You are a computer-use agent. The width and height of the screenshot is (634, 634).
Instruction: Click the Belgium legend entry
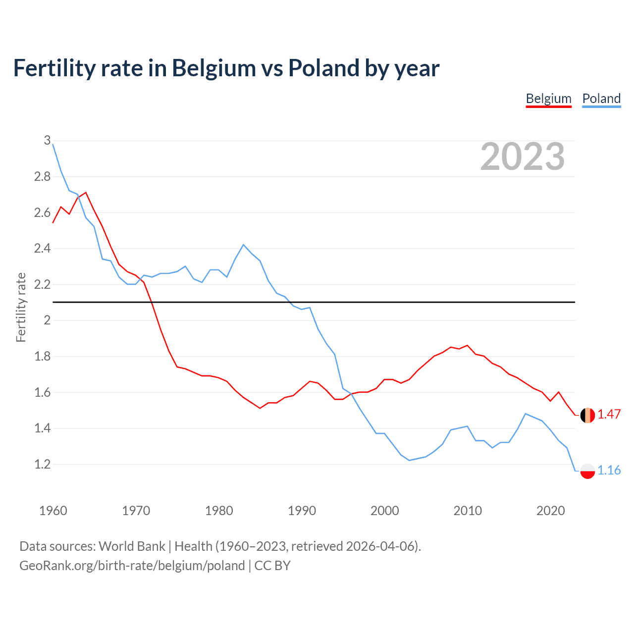(x=548, y=99)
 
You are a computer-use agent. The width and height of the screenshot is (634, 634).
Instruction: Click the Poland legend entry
(x=601, y=99)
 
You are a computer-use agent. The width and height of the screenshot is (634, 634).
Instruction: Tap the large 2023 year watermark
(x=522, y=157)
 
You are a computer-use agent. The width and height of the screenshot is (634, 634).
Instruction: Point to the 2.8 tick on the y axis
(x=42, y=177)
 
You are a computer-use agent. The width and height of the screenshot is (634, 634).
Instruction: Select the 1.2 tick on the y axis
(x=42, y=465)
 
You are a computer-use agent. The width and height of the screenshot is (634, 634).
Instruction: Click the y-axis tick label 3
(x=47, y=141)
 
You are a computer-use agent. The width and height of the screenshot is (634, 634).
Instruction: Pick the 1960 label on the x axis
(x=53, y=511)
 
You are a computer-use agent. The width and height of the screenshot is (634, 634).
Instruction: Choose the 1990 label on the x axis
(x=302, y=511)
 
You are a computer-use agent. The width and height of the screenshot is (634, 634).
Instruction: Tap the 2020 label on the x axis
(x=550, y=511)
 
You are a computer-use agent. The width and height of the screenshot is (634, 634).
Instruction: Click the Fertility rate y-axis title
(x=21, y=307)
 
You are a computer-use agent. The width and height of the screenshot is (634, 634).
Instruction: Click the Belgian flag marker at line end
(x=587, y=415)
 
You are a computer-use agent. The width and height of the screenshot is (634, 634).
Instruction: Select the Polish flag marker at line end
(x=587, y=471)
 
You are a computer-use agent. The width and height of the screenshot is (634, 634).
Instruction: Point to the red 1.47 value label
(x=609, y=415)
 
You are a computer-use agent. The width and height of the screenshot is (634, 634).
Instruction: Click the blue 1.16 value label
(x=609, y=471)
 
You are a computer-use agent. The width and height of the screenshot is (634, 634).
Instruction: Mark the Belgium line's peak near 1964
(x=86, y=193)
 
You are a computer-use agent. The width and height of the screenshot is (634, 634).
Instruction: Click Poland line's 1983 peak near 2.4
(x=243, y=245)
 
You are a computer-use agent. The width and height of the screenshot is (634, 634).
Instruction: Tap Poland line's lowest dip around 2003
(x=409, y=460)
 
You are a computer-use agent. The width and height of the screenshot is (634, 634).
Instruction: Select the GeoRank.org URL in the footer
(x=132, y=566)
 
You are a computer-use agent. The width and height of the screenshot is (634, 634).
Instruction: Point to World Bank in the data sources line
(x=132, y=546)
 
